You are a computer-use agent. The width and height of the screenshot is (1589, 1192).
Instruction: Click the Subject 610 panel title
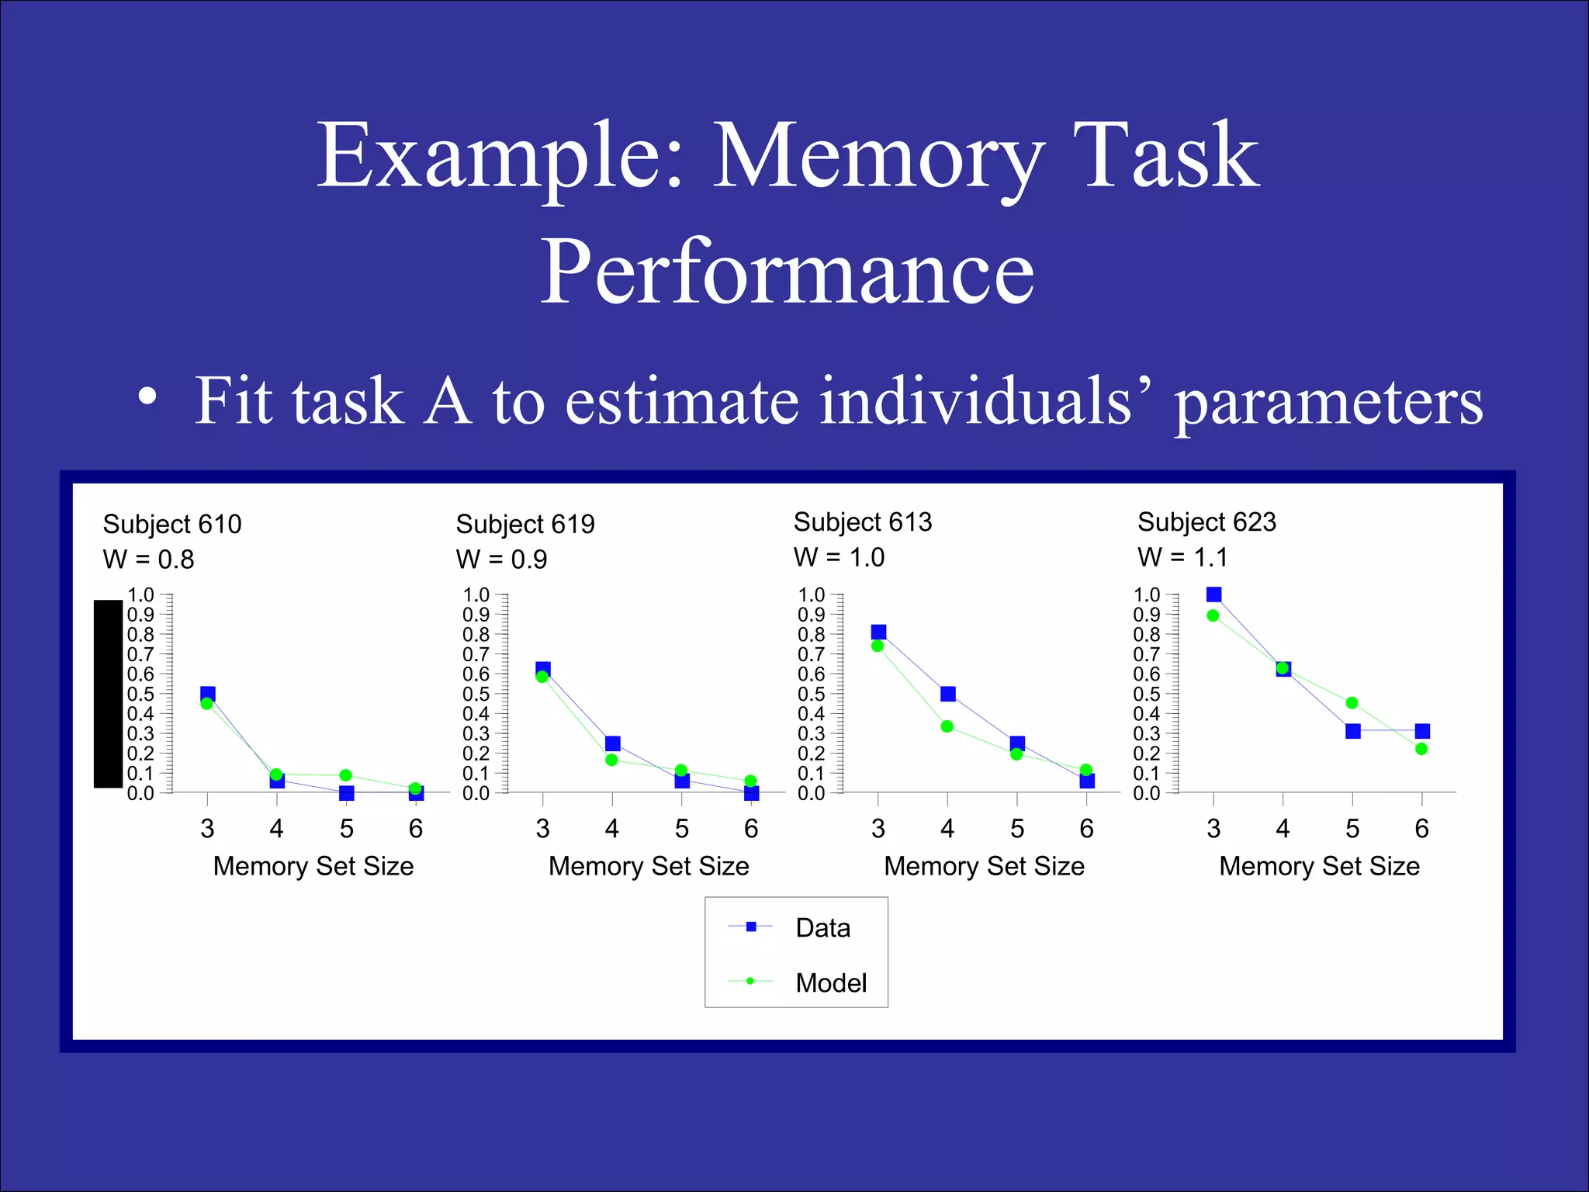coord(172,525)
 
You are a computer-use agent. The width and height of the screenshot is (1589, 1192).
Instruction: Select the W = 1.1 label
coord(1182,557)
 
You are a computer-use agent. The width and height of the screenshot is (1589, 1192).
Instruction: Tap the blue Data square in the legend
coord(750,927)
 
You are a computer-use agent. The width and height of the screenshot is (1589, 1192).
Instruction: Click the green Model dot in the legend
coord(750,981)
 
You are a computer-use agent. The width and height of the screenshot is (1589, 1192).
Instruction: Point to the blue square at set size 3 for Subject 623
coord(1214,594)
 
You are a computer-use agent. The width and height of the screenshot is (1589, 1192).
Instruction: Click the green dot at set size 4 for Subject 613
coord(947,726)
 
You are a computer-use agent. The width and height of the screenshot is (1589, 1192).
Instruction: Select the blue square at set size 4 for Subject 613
coord(947,694)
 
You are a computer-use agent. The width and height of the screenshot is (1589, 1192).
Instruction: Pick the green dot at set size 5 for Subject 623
coord(1352,703)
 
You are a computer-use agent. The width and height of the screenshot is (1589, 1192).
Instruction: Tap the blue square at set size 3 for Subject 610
coord(208,694)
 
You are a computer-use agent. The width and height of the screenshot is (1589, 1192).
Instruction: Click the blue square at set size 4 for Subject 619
coord(612,743)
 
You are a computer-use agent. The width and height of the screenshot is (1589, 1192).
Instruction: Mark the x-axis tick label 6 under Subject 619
coord(751,829)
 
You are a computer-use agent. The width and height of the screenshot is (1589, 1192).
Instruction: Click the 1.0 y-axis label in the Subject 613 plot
coord(811,595)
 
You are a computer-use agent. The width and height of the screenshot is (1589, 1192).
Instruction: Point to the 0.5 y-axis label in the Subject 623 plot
coord(1146,694)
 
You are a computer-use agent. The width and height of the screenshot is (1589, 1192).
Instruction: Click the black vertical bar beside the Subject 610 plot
coord(108,694)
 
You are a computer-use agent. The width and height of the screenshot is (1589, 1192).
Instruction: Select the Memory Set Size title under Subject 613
coord(984,866)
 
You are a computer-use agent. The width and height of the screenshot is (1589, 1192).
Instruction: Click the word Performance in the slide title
coord(787,272)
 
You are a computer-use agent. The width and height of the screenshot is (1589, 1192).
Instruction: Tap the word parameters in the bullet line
coord(1328,402)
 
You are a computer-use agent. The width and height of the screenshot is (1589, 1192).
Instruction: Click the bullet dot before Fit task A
coord(147,398)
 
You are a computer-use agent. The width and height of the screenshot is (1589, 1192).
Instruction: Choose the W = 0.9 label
coord(501,560)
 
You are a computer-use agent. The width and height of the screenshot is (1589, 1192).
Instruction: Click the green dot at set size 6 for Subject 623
coord(1421,749)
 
